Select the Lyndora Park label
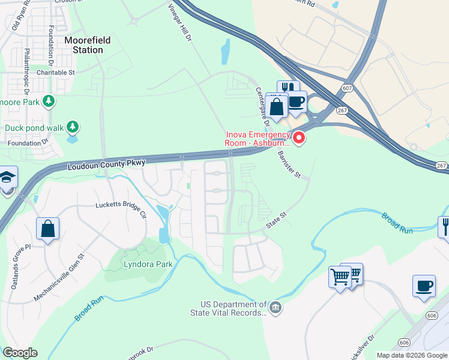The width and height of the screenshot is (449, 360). [x=148, y=264]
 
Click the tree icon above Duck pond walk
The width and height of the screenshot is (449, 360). [x=72, y=127]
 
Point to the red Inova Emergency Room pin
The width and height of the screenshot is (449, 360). [x=298, y=139]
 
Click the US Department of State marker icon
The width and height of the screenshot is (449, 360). [x=275, y=308]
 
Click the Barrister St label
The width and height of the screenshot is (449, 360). [x=289, y=164]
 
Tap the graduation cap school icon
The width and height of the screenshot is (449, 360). [x=7, y=178]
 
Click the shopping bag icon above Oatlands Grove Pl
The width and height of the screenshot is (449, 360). [x=47, y=229]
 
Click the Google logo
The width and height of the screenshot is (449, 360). [x=20, y=352]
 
